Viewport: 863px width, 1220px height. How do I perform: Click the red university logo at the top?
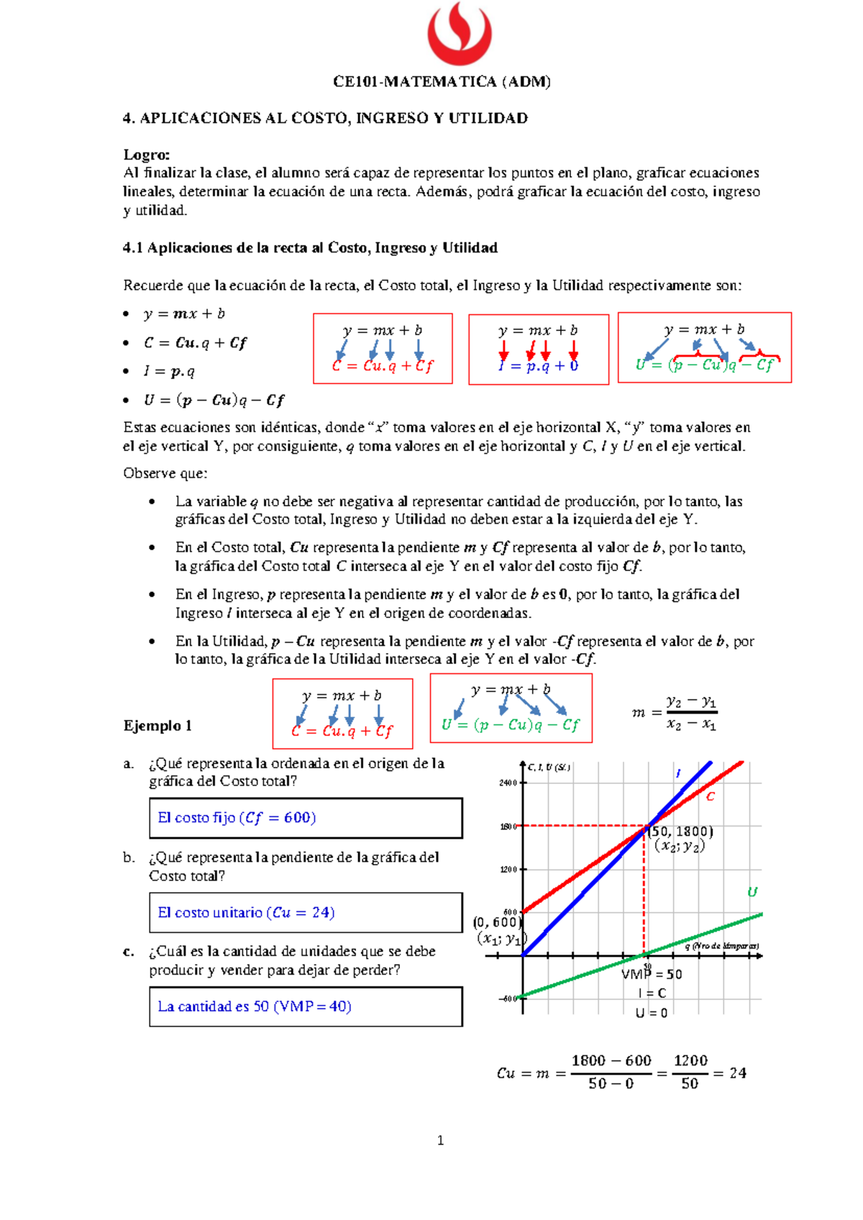(x=460, y=34)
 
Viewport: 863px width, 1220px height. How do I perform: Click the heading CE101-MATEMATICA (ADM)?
(x=442, y=81)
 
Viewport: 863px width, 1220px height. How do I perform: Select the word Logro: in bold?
(x=147, y=155)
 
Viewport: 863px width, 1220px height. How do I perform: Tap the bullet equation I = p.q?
(x=169, y=371)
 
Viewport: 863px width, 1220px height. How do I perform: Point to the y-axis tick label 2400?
(x=508, y=783)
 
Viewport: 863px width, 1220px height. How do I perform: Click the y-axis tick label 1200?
(x=508, y=870)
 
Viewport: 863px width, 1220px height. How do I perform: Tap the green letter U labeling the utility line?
(x=752, y=892)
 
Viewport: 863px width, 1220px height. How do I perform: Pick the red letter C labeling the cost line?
(x=711, y=796)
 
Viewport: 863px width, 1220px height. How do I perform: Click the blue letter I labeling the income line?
(x=677, y=773)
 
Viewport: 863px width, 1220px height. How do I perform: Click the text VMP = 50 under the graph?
(x=652, y=975)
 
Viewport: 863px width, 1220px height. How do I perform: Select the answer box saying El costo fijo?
(x=306, y=818)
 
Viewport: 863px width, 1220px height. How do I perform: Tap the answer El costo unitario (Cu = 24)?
(x=247, y=913)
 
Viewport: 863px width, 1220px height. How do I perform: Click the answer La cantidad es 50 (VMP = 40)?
(x=255, y=1006)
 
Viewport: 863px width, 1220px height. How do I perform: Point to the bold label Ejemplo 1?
(x=157, y=725)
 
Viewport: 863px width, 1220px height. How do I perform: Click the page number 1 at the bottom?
(x=440, y=1140)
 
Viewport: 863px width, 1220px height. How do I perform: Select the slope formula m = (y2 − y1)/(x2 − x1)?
(x=675, y=712)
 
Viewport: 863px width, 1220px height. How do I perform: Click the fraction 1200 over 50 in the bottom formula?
(x=690, y=1072)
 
